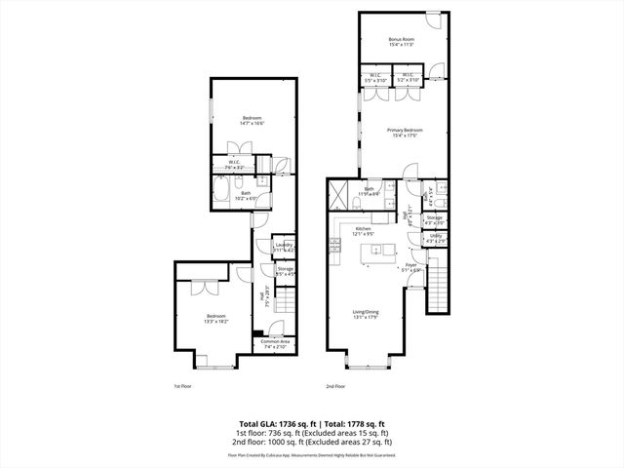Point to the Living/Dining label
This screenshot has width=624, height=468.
(x=367, y=315)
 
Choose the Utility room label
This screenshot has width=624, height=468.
(x=435, y=237)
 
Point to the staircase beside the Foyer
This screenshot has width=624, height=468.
(x=439, y=291)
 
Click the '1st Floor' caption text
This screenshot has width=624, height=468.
(x=183, y=387)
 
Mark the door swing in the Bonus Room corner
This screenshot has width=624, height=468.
(x=437, y=20)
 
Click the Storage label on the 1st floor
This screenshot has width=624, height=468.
(x=285, y=271)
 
